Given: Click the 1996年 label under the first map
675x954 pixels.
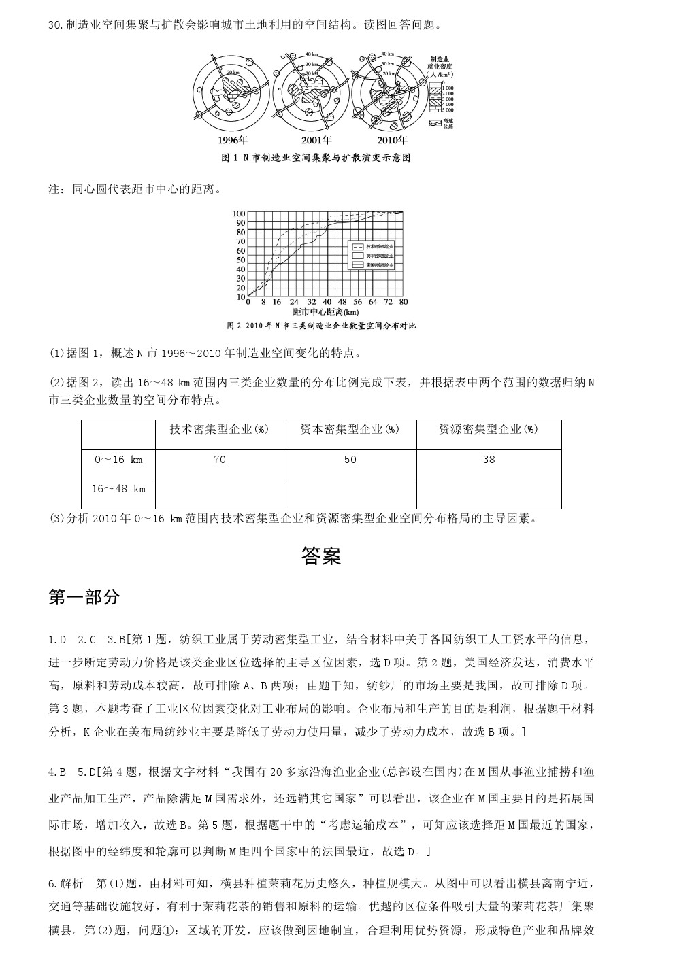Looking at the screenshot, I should [233, 141].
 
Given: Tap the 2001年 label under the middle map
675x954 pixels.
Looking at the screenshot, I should [316, 141].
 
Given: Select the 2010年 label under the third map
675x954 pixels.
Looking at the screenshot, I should [392, 141].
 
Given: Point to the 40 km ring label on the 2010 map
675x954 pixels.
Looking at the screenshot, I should [387, 54].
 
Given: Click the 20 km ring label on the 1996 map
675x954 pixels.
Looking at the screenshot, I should [233, 72].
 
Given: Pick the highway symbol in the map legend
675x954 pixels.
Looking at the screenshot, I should [435, 123].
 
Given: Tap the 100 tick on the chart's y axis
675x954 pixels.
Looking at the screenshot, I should [240, 214].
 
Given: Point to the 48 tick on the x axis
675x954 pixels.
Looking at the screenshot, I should [342, 301].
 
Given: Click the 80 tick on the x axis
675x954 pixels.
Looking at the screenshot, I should [404, 301].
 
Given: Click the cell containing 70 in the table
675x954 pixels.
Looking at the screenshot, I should [219, 460].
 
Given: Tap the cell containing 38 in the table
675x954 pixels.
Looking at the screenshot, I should [489, 460].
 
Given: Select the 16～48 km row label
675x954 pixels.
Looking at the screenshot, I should [118, 489].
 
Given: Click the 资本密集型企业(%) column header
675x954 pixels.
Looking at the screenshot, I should [350, 430].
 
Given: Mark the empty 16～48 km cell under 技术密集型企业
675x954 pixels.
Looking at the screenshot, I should [219, 493].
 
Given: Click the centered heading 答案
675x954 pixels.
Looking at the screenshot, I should [320, 556].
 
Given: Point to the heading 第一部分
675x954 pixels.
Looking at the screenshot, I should [84, 597].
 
